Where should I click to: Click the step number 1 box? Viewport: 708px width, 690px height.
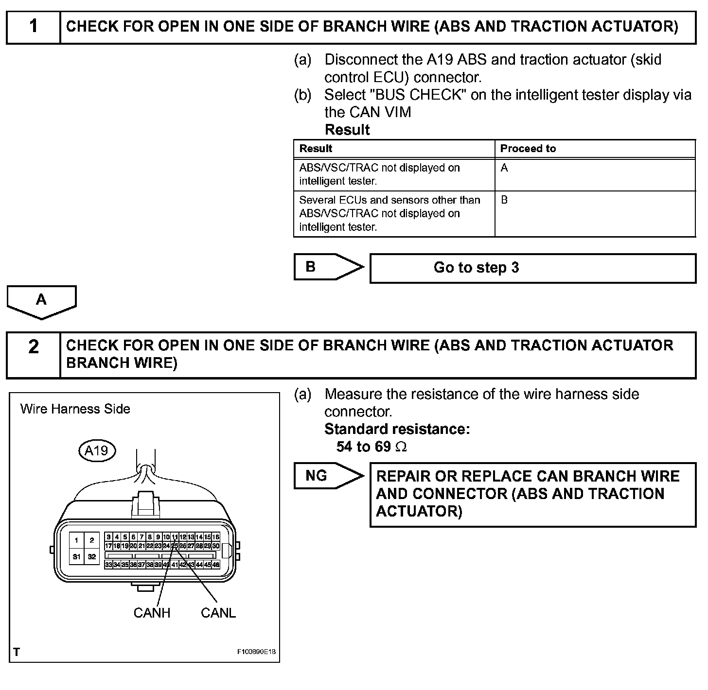click(x=33, y=26)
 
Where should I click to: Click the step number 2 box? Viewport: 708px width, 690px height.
click(x=33, y=355)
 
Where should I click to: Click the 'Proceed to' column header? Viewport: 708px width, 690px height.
click(x=528, y=149)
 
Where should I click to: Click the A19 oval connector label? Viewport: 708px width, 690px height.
click(x=96, y=451)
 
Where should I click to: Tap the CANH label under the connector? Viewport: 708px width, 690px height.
click(x=152, y=613)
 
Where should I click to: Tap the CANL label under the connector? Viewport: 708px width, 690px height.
click(x=218, y=613)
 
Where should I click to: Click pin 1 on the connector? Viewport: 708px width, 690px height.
click(x=76, y=540)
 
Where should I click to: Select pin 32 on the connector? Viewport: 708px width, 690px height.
click(x=91, y=557)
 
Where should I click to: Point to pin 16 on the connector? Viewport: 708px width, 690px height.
click(x=216, y=537)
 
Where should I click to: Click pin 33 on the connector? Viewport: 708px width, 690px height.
click(x=108, y=565)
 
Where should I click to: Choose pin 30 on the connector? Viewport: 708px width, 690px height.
click(x=216, y=546)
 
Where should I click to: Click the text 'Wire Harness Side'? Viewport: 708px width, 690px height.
click(x=75, y=409)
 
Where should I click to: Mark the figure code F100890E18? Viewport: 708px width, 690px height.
click(x=256, y=652)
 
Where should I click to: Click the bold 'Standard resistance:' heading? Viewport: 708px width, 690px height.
click(x=397, y=430)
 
